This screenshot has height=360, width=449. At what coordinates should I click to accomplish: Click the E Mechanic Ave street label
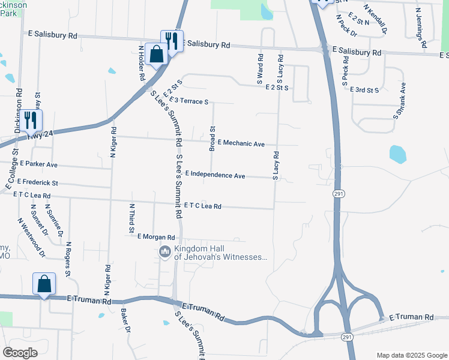tap(241, 143)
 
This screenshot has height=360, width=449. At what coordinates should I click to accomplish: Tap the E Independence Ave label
tap(215, 175)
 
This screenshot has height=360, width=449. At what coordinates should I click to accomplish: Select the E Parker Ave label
tap(38, 164)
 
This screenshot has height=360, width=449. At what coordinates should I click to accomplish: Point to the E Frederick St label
tap(38, 182)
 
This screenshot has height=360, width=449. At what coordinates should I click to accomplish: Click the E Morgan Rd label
tap(155, 237)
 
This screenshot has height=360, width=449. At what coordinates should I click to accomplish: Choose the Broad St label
tap(212, 137)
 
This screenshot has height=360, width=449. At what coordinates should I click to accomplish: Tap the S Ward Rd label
tap(261, 68)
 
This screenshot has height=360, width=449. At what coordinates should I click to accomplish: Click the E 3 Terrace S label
tap(188, 100)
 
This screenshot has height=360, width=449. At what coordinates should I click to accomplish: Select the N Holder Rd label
tap(142, 63)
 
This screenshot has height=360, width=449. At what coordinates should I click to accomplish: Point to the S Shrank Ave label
tap(400, 99)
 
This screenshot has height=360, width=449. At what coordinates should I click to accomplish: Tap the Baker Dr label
tap(125, 320)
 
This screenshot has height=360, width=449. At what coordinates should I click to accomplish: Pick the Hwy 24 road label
tap(40, 136)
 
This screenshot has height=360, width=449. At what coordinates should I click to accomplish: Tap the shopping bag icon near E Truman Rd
tap(45, 283)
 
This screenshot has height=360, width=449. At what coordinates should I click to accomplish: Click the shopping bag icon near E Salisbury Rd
tap(156, 54)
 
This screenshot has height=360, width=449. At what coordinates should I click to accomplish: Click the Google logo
tap(20, 353)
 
